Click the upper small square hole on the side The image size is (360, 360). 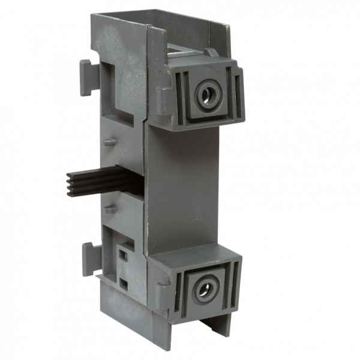[123, 254]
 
